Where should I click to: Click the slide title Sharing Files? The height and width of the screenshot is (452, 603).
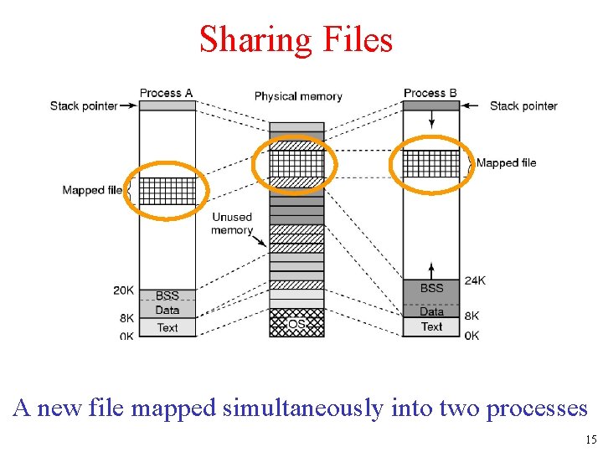(x=296, y=39)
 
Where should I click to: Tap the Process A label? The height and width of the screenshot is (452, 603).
(x=166, y=93)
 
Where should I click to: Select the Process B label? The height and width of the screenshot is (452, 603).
(x=430, y=93)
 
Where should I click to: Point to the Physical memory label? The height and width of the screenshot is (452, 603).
(x=298, y=96)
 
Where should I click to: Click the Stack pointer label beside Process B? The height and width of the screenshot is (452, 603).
(x=523, y=105)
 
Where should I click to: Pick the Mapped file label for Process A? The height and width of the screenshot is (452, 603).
(x=92, y=190)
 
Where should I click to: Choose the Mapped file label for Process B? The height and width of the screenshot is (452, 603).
(x=507, y=162)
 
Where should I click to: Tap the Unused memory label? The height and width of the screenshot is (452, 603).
(x=232, y=223)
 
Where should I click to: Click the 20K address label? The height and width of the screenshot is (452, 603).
(x=123, y=290)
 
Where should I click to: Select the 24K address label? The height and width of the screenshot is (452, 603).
(x=474, y=281)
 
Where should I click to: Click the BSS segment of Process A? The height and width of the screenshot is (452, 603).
(x=167, y=295)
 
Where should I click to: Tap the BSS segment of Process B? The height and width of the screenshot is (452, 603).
(x=431, y=289)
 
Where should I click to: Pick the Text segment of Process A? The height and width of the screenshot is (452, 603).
(x=167, y=327)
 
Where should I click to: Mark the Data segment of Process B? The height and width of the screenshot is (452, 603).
(x=431, y=312)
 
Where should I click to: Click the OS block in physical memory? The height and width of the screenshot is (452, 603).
(x=296, y=323)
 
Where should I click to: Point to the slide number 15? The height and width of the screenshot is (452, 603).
(x=591, y=439)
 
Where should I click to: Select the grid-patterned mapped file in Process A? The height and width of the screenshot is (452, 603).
(x=167, y=191)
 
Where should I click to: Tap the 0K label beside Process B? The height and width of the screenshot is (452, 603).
(x=472, y=336)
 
